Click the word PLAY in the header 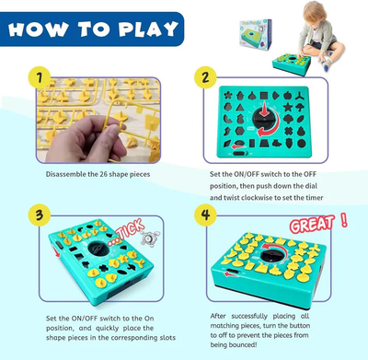click(149, 29)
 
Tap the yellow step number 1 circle click(40, 77)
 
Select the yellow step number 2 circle click(205, 77)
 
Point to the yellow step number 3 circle click(40, 215)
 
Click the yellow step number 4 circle click(205, 215)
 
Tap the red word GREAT click(312, 224)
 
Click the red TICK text click(131, 229)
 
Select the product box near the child click(256, 34)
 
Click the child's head click(314, 12)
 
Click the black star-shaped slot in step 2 click(287, 107)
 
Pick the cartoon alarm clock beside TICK click(150, 238)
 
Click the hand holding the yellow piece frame click(86, 139)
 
